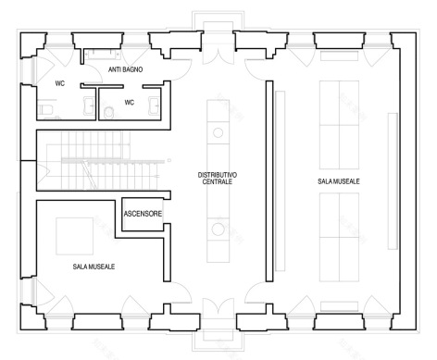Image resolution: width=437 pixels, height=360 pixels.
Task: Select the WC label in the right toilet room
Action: (x=130, y=103)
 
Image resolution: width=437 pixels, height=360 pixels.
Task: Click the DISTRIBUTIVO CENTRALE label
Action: (x=219, y=178)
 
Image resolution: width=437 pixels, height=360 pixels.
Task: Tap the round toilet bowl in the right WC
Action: (x=109, y=113)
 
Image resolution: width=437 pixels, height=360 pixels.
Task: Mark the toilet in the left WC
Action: (x=48, y=110)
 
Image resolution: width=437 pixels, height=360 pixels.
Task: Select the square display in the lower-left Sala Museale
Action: (x=74, y=235)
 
